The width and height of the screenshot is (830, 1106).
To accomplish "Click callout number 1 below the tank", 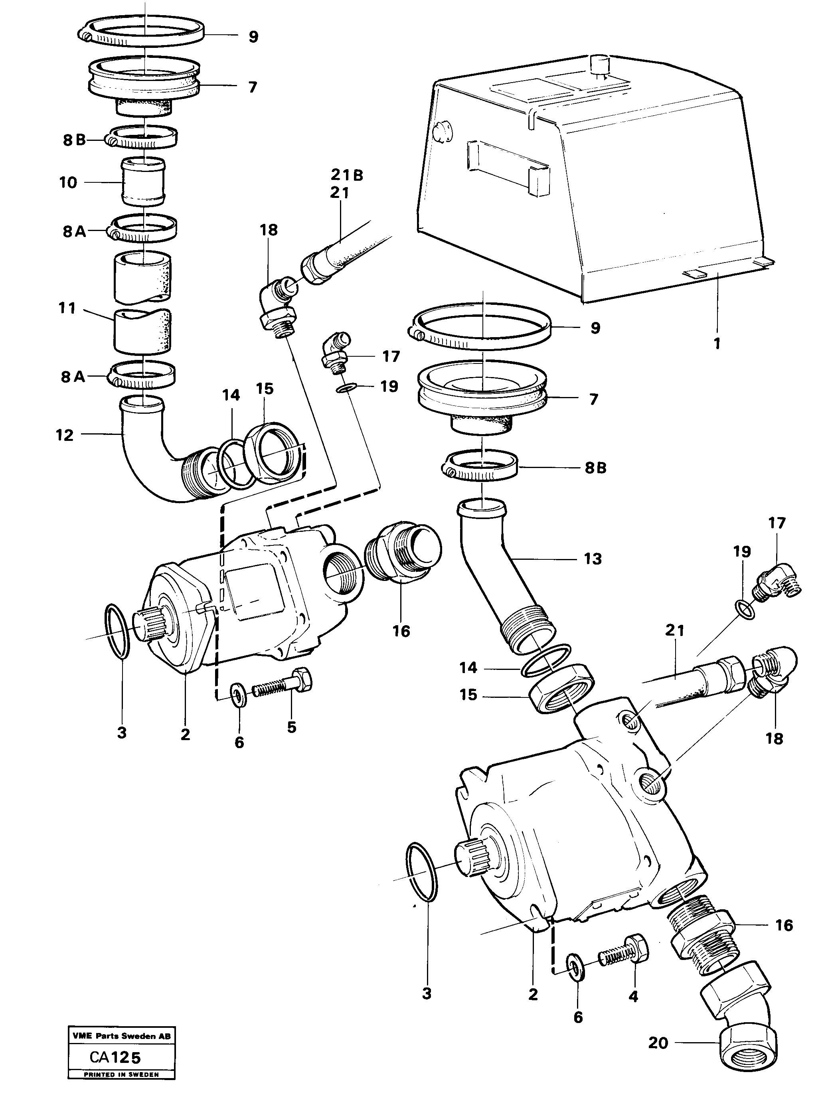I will point(717,344).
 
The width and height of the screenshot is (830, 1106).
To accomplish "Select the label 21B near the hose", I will point(346,175).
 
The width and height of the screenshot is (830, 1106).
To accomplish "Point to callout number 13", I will point(593,559).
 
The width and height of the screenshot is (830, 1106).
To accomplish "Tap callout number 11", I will point(67,308).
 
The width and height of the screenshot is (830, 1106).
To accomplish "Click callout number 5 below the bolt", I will point(292,727).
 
